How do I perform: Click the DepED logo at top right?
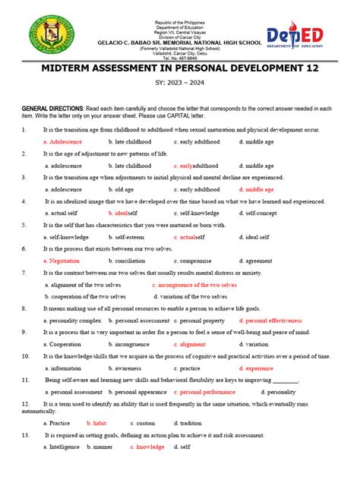(x=305, y=37)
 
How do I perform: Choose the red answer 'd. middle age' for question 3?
(x=257, y=189)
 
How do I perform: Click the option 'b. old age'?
(x=123, y=189)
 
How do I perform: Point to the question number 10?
(x=26, y=355)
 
